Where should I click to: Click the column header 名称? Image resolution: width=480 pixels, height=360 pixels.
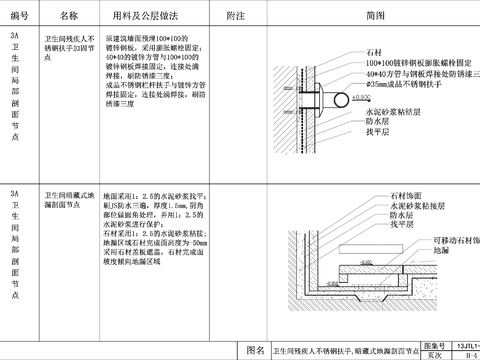[68, 17]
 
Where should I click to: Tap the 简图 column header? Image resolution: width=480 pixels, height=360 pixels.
[374, 17]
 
